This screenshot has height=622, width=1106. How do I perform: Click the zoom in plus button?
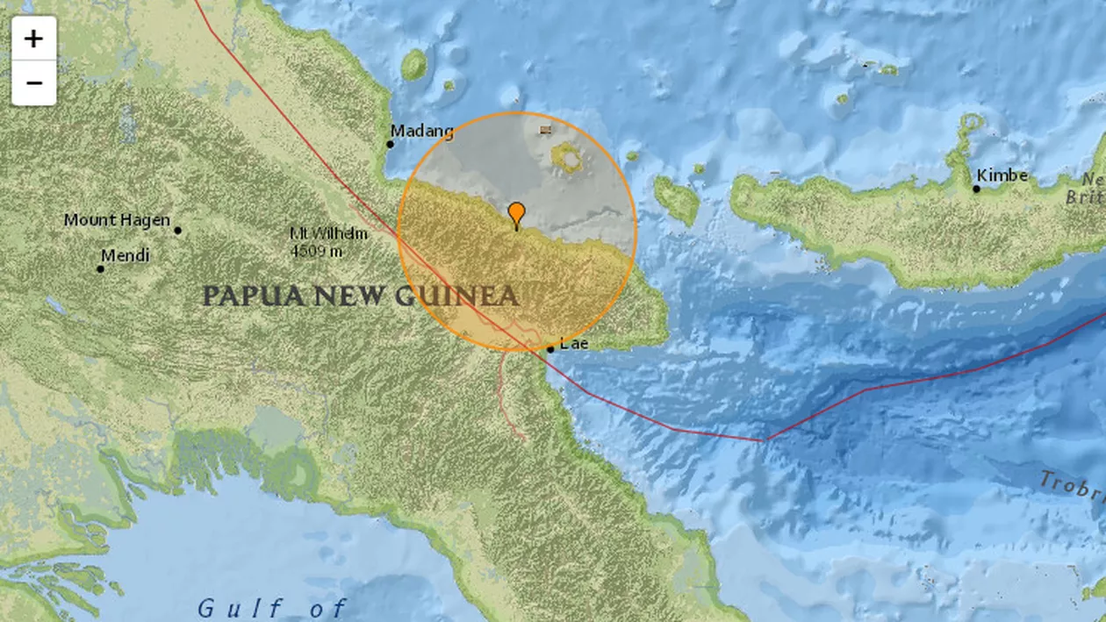click(33, 39)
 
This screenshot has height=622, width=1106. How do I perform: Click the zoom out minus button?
click(33, 83)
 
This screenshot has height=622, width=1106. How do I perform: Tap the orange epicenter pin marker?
click(517, 213)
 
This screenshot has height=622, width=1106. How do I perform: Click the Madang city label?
click(422, 132)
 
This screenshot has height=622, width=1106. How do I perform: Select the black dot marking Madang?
click(391, 144)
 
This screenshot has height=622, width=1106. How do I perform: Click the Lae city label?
click(574, 343)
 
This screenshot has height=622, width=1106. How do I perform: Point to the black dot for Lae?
click(550, 348)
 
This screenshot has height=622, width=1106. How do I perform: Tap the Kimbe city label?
click(1002, 175)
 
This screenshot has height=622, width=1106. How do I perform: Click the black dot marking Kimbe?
click(976, 188)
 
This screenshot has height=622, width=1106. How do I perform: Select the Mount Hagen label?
click(117, 220)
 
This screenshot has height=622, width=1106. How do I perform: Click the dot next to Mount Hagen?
click(177, 231)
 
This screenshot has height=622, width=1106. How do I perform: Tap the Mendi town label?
click(125, 256)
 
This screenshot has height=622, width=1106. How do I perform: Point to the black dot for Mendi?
click(100, 268)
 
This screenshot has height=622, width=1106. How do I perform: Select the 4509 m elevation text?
click(317, 252)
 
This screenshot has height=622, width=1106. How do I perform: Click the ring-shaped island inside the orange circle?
click(568, 158)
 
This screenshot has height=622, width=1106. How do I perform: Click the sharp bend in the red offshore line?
click(766, 439)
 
